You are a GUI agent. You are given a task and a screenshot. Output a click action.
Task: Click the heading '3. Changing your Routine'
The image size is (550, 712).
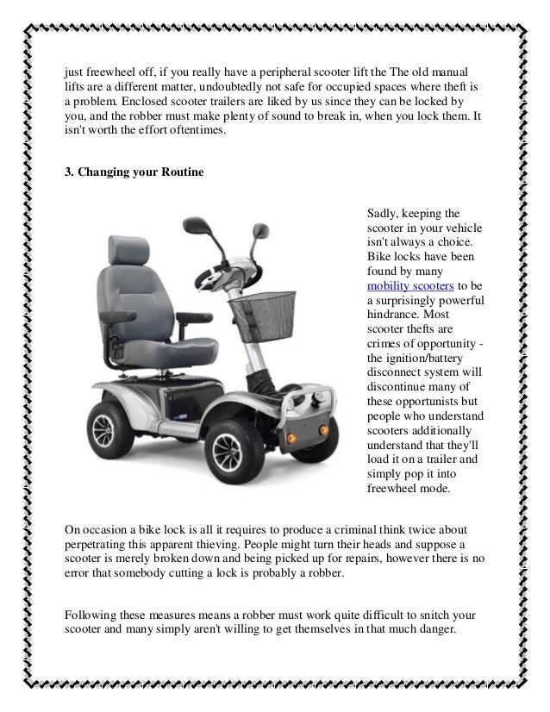134,172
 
